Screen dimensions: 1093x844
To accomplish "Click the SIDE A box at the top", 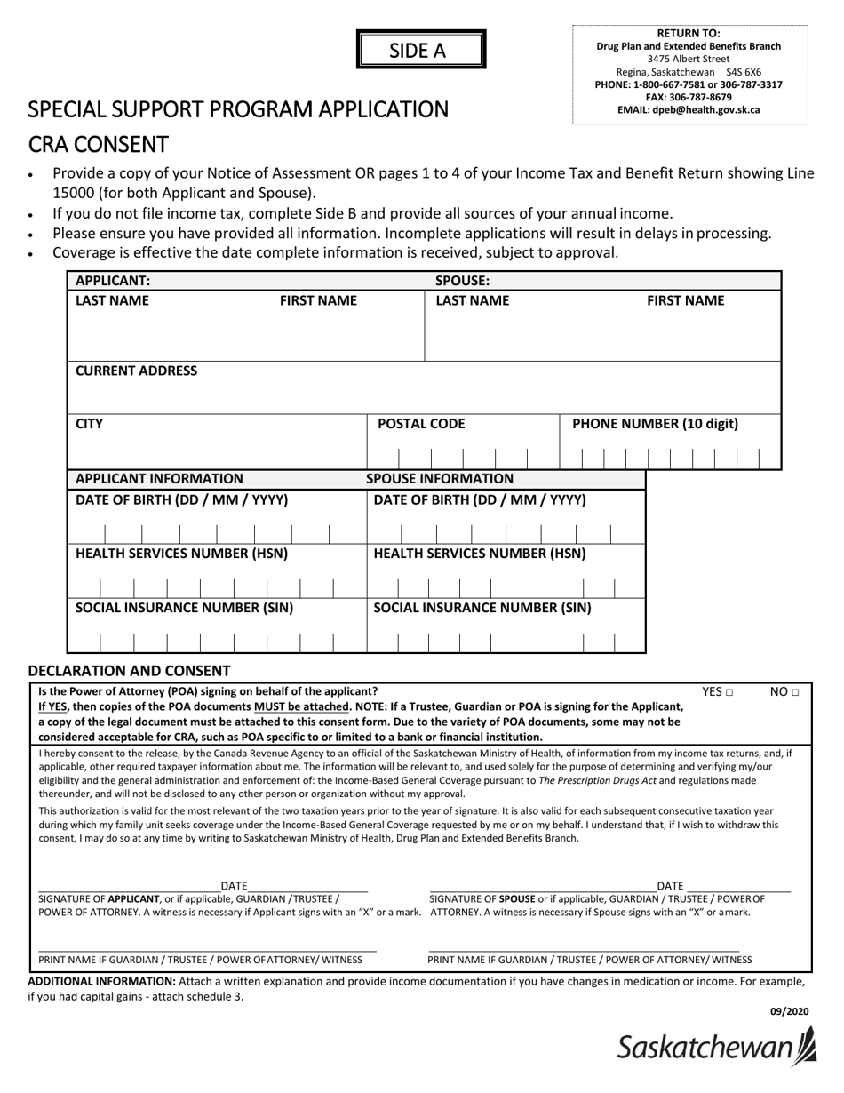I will [421, 50].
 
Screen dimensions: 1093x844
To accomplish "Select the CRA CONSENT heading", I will [99, 144].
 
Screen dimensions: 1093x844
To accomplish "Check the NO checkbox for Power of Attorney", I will [796, 692].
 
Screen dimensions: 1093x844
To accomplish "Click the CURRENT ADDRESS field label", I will [137, 371].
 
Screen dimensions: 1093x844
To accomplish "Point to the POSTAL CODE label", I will [421, 424].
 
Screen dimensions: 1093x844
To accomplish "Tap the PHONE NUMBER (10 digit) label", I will [655, 424].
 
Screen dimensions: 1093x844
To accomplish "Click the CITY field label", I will [89, 424].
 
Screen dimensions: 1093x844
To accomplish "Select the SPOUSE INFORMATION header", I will [440, 479].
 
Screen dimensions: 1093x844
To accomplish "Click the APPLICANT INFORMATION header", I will [159, 479].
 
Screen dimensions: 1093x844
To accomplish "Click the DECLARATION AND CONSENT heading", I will [129, 671].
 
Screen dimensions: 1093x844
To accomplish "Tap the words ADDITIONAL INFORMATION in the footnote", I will [101, 981].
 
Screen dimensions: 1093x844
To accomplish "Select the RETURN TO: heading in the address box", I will [689, 34].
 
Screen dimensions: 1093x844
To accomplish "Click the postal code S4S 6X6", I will [743, 72].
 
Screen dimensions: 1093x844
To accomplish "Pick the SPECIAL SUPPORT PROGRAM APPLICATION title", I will [238, 109].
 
